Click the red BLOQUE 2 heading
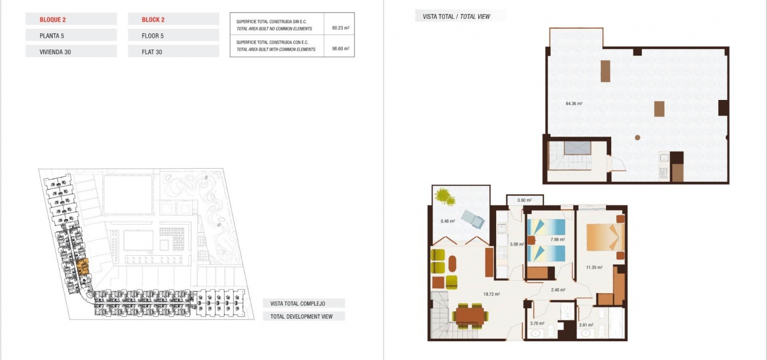click(x=53, y=19)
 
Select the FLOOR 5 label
click(x=153, y=36)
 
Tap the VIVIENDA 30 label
click(x=55, y=52)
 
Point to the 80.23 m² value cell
click(x=340, y=28)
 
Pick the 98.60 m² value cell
click(x=340, y=49)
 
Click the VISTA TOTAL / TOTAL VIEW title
click(x=456, y=17)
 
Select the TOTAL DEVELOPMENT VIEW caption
click(x=301, y=316)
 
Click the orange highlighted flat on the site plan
click(x=82, y=267)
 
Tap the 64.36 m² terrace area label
click(x=574, y=103)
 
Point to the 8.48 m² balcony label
click(x=447, y=221)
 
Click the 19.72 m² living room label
click(x=491, y=294)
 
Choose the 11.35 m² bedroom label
click(x=594, y=268)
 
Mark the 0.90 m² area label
click(x=524, y=200)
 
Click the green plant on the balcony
click(x=445, y=197)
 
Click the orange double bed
click(x=605, y=237)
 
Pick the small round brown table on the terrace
click(x=637, y=138)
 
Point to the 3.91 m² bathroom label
click(x=586, y=325)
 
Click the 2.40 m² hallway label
click(x=558, y=290)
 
